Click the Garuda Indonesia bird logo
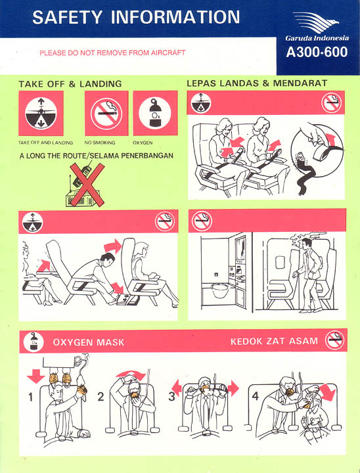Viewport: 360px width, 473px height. point(315,22)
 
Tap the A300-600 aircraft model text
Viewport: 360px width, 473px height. point(317,52)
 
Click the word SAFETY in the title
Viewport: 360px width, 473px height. point(67,17)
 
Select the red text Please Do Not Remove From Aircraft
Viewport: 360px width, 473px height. point(112,53)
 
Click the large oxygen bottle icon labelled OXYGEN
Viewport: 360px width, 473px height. point(155,112)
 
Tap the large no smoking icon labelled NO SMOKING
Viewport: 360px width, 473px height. point(106,113)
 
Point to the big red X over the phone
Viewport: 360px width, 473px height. point(87,185)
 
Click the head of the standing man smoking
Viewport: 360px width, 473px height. point(306,244)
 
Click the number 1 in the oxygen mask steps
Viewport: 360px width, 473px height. point(31,397)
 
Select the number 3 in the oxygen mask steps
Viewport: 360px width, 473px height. point(171,396)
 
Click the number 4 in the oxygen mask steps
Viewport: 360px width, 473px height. point(256,395)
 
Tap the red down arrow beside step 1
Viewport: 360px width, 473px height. point(35,375)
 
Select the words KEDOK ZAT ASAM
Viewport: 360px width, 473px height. point(274,341)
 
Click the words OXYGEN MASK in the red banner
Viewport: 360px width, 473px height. point(89,342)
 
